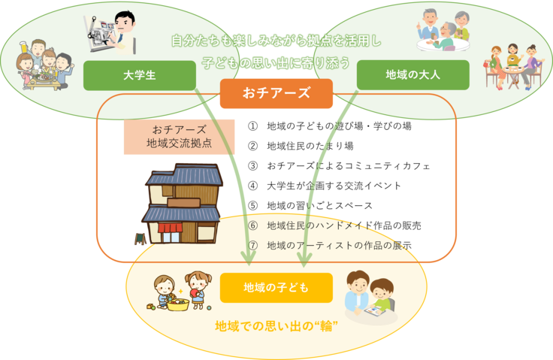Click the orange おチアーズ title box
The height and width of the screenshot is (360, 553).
[x=276, y=94]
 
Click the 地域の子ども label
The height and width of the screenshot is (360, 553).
[x=276, y=287]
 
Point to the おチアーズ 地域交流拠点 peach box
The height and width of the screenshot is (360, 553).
[x=179, y=136]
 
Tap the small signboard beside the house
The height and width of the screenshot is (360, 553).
[x=140, y=239]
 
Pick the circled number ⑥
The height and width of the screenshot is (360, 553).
[x=253, y=226]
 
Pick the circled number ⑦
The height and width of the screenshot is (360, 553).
[x=253, y=245]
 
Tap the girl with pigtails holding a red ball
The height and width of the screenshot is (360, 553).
[x=199, y=288]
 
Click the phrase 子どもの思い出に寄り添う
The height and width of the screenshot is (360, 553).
[x=276, y=62]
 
